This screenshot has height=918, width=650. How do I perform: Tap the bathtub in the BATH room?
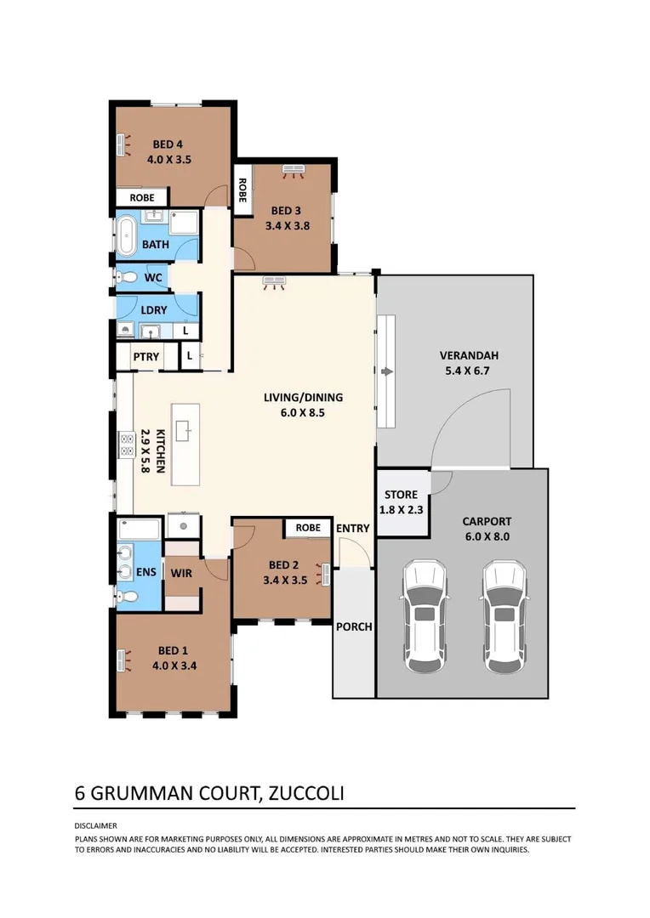click(x=128, y=237)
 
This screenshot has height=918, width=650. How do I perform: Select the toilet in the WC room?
click(x=128, y=277)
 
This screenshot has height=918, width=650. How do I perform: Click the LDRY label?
click(x=154, y=310)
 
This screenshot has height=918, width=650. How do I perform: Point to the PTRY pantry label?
click(x=145, y=357)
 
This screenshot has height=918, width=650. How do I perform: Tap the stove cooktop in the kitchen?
click(x=126, y=445)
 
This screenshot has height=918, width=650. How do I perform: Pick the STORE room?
click(x=401, y=502)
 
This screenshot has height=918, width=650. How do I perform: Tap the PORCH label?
click(x=354, y=627)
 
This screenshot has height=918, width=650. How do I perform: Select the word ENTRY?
click(x=352, y=528)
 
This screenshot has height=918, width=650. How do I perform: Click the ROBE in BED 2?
click(x=308, y=528)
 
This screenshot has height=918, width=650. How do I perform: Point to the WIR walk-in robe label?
click(x=181, y=573)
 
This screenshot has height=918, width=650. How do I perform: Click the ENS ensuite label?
click(x=145, y=572)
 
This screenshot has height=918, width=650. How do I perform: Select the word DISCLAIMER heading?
click(x=96, y=825)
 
